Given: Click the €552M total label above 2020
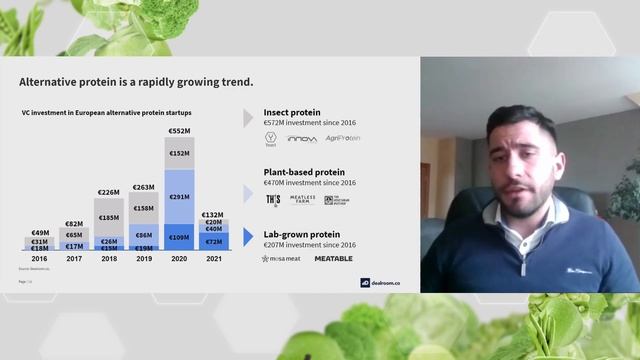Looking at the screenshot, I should [180, 130].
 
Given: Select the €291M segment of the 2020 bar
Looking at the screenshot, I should [180, 197].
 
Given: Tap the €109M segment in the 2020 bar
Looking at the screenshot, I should [180, 237].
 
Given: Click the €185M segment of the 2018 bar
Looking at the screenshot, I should [109, 217].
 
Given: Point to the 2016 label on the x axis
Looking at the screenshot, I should [39, 258].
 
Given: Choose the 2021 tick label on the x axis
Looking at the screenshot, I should [213, 258].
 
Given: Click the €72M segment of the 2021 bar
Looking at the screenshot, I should [214, 241].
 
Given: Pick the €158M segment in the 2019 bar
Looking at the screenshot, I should [144, 209].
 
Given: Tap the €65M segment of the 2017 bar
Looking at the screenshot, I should [74, 234].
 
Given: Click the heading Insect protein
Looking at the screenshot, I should [291, 112].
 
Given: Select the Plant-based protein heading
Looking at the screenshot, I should [304, 172].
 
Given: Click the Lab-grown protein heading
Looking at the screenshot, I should [302, 234].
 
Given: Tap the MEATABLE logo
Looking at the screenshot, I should [333, 258].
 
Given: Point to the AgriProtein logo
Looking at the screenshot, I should [343, 138].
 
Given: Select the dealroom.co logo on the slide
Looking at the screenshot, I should [380, 282].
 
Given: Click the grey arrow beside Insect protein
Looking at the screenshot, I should [248, 117].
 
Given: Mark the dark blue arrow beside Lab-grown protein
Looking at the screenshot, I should [248, 239].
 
